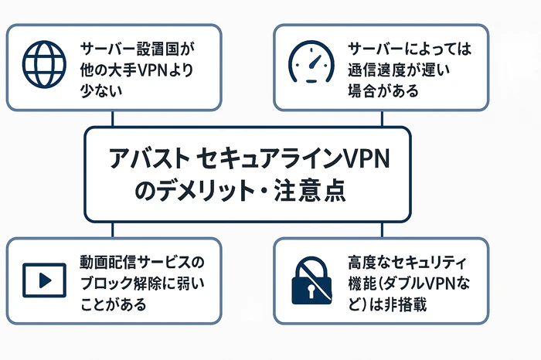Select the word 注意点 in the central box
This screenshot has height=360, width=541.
pos(313,190)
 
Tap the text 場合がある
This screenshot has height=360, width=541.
pos(384,91)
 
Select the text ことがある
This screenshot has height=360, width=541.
pos(115,303)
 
